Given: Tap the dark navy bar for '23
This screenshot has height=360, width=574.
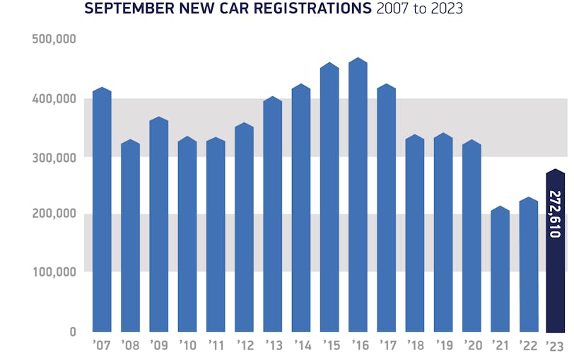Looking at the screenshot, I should [556, 251].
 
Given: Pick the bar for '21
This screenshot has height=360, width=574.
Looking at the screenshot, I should [500, 269].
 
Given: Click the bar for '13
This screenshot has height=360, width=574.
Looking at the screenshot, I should [272, 215].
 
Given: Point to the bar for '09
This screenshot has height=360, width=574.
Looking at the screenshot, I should [159, 225].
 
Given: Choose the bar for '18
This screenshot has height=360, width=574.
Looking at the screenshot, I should [414, 233].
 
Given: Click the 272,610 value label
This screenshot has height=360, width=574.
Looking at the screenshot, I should [556, 214].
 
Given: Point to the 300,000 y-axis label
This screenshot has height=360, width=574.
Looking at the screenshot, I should [54, 156].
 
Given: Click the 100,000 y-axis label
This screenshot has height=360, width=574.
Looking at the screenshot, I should [54, 273].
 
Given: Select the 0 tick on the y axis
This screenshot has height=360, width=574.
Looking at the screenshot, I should [72, 332].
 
